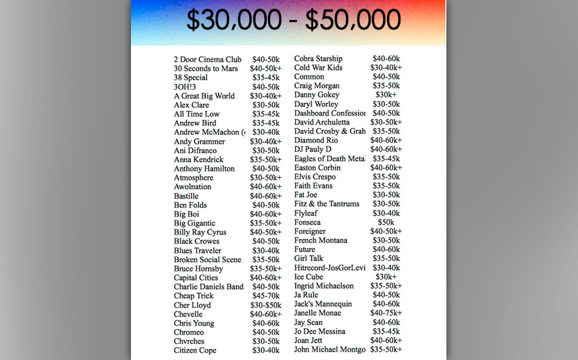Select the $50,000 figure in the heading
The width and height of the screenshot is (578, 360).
(353, 21)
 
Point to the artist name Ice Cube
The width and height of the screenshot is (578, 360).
(309, 277)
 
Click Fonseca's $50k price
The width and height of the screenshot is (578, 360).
(386, 222)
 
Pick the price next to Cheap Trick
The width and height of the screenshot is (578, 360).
(266, 296)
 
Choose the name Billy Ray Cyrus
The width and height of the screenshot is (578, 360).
(200, 233)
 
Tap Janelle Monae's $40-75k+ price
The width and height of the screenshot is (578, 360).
(386, 313)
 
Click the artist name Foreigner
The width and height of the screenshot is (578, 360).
(310, 231)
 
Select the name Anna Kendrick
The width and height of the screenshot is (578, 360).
(199, 160)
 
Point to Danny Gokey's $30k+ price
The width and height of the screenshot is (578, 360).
(386, 95)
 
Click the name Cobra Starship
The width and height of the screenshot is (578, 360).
(318, 59)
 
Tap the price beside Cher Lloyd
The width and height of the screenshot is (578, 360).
(266, 305)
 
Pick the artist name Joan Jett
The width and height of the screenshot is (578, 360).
(309, 340)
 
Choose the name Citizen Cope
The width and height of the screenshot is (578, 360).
(195, 351)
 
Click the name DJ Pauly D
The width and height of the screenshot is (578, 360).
(312, 150)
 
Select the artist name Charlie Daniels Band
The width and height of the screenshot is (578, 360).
(208, 287)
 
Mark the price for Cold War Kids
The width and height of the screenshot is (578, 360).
(386, 68)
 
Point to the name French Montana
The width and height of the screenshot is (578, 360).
(320, 241)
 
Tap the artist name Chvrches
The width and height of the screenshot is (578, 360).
(189, 342)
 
